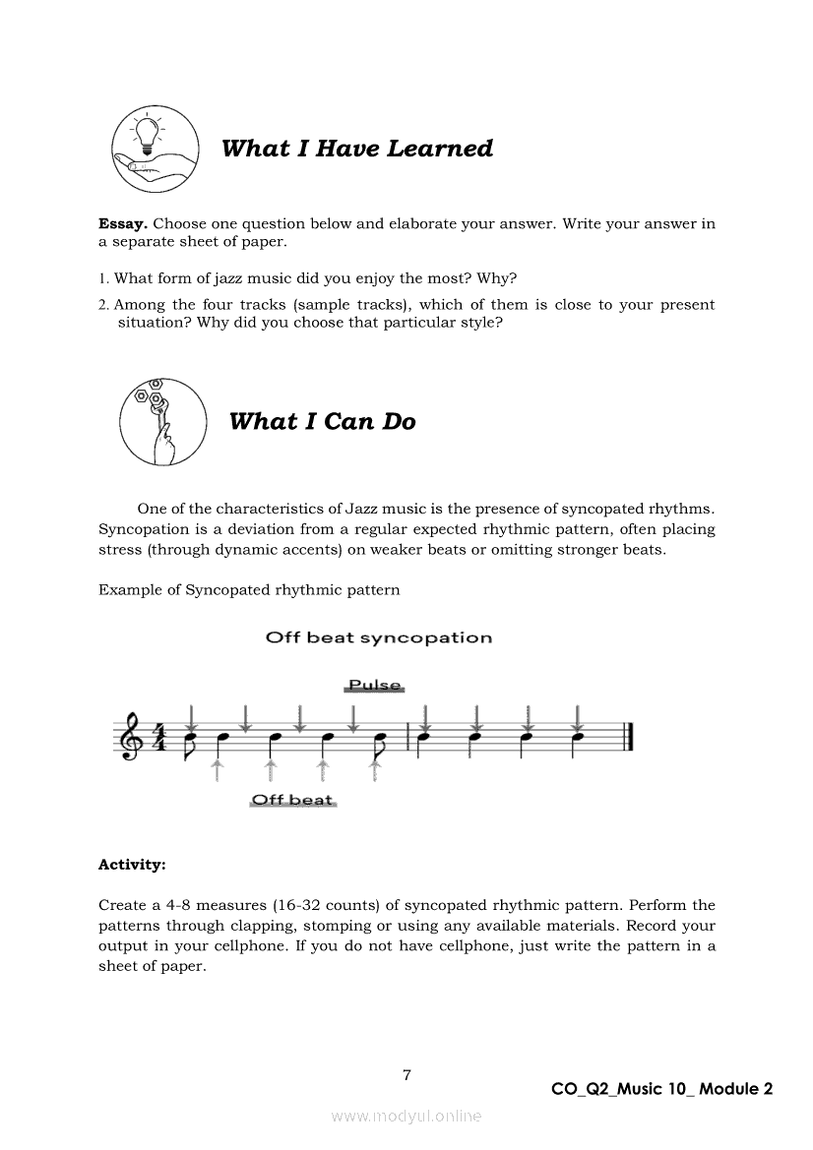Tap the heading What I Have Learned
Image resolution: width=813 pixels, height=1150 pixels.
pos(357,149)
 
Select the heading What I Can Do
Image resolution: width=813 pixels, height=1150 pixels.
pos(322,422)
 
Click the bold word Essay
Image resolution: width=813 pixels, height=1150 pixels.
pos(123,223)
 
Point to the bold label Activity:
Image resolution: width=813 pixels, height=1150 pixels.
pos(132,865)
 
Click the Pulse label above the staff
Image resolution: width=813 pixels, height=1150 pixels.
pos(375,686)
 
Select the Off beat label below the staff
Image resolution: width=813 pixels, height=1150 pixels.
pos(292,800)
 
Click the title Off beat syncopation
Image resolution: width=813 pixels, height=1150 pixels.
pos(379,637)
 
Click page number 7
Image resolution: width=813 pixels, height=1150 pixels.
pos(406,1075)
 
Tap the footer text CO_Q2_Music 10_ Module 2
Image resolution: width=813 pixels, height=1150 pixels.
pos(662,1089)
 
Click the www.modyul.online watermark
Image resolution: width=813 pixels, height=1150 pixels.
pos(406,1117)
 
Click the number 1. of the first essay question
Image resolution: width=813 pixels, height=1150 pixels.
pos(103,278)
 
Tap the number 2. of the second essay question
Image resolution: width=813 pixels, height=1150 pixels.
pos(103,305)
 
